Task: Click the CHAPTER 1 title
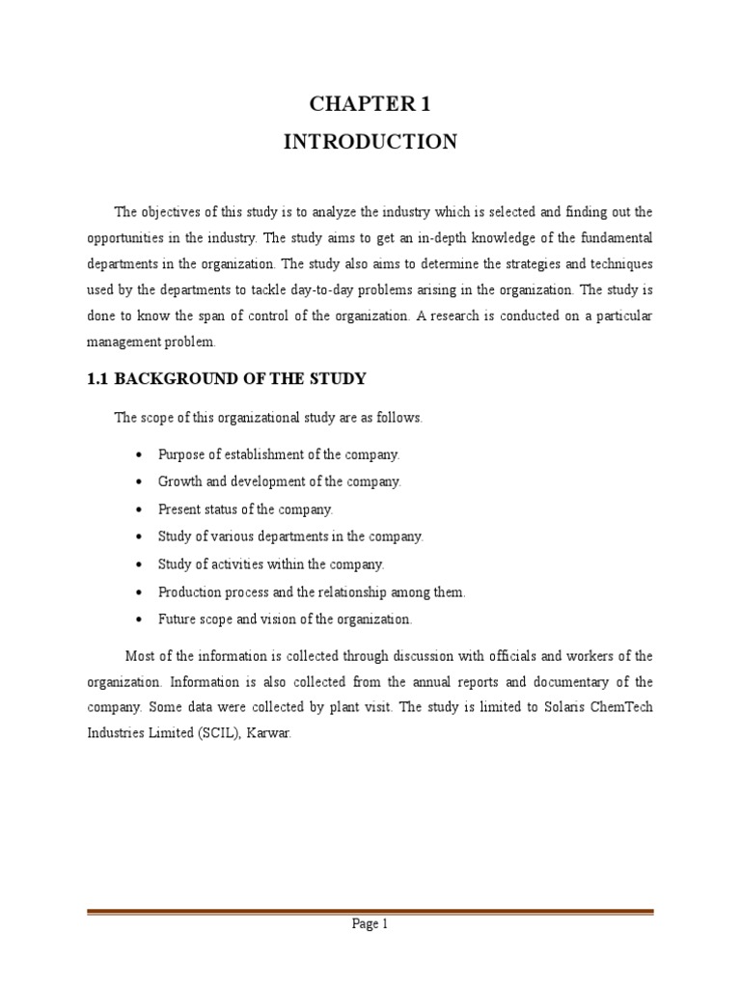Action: coord(370,104)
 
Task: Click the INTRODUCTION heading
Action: coord(370,142)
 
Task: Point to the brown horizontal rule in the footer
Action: coord(370,911)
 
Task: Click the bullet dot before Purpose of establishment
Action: coord(141,454)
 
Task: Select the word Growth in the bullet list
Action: coord(179,481)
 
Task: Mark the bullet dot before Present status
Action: coord(141,509)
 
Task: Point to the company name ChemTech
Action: coord(620,706)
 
